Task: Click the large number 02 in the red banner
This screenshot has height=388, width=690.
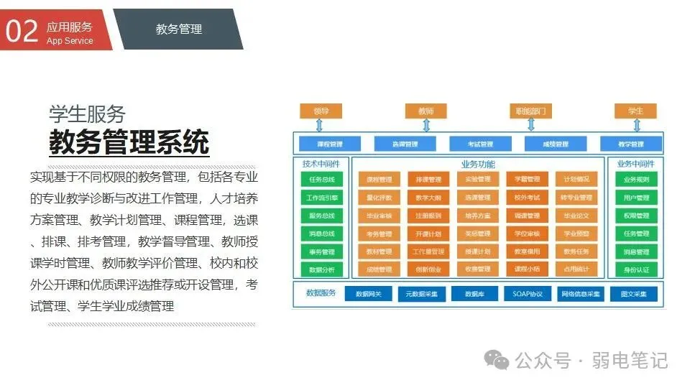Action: click(x=22, y=31)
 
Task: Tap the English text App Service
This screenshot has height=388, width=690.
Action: click(x=70, y=41)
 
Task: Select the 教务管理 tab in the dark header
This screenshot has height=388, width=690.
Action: click(x=179, y=29)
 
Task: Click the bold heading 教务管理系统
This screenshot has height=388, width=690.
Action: click(x=129, y=141)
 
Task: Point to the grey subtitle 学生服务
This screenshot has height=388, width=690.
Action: click(x=87, y=114)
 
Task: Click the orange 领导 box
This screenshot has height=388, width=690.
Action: click(x=321, y=111)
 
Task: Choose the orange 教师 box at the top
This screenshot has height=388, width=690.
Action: click(x=425, y=111)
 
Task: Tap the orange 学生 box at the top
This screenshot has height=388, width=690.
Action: click(x=635, y=111)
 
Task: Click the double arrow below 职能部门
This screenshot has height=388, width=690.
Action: click(x=531, y=125)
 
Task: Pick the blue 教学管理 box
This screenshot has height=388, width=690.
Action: click(x=631, y=144)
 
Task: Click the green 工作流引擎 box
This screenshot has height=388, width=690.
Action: click(x=322, y=198)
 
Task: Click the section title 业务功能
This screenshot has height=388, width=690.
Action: click(x=477, y=165)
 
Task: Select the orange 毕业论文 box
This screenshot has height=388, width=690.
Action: click(x=576, y=216)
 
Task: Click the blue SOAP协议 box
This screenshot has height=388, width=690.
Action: click(x=528, y=294)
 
